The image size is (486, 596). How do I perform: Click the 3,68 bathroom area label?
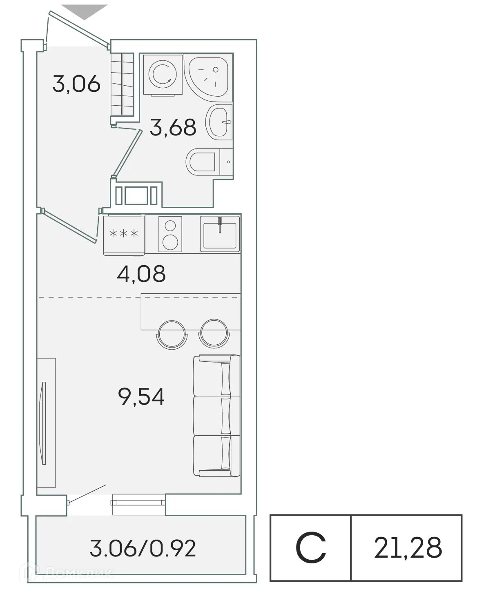pos(173,127)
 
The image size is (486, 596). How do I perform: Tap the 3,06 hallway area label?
pos(76,84)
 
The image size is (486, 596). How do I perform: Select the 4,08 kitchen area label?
pos(141,274)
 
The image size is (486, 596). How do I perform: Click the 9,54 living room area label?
pos(141,397)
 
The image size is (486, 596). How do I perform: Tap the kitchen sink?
pos(218,233)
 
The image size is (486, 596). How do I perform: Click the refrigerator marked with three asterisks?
pos(124,234)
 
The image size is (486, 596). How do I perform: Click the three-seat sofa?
pos(216,416)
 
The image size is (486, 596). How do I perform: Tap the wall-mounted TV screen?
pos(44,423)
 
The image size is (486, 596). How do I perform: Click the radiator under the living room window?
pos(138,500)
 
